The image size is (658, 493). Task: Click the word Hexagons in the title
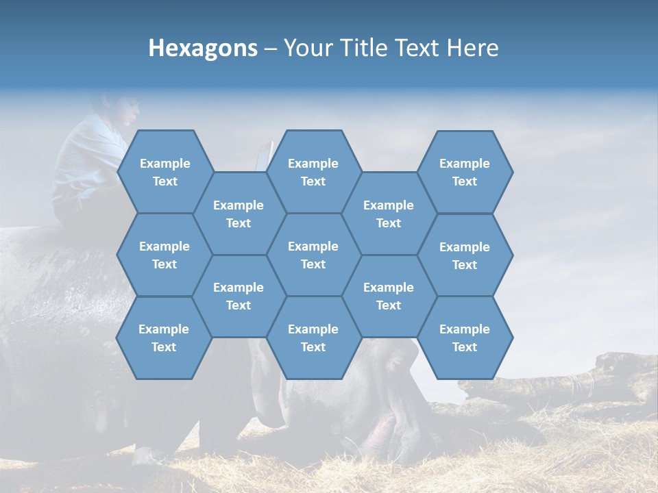pyautogui.click(x=203, y=48)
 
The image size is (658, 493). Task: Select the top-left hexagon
pyautogui.click(x=165, y=172)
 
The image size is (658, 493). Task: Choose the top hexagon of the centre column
pyautogui.click(x=313, y=172)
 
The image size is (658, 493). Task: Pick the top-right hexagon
pyautogui.click(x=465, y=172)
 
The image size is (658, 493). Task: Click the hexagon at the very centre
pyautogui.click(x=313, y=255)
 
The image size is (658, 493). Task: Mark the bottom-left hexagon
pyautogui.click(x=164, y=338)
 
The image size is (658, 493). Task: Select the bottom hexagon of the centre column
pyautogui.click(x=313, y=338)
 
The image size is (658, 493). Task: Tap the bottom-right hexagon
pyautogui.click(x=465, y=338)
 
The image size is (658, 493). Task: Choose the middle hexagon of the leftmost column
pyautogui.click(x=164, y=255)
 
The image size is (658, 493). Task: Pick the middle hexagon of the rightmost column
pyautogui.click(x=465, y=255)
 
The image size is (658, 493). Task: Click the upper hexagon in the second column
pyautogui.click(x=239, y=214)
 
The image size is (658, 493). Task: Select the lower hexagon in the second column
pyautogui.click(x=239, y=296)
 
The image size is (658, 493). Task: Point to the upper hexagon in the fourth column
pyautogui.click(x=389, y=214)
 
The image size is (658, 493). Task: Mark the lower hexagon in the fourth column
pyautogui.click(x=389, y=296)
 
